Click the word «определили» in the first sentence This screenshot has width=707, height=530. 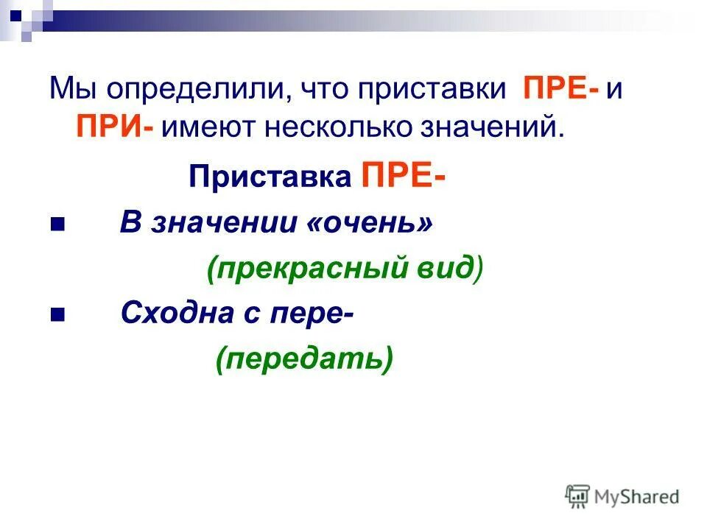(x=186, y=90)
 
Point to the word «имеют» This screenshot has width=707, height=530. (x=200, y=126)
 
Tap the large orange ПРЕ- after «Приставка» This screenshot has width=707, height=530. (x=403, y=177)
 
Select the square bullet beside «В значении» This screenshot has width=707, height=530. (x=57, y=224)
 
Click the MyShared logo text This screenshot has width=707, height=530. (x=636, y=497)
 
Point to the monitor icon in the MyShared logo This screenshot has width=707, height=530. (x=577, y=495)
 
